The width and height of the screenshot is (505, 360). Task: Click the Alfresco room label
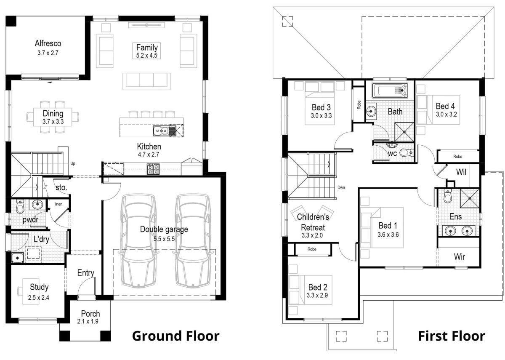(x=48, y=43)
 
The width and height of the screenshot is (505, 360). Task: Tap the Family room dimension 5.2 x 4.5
(x=147, y=55)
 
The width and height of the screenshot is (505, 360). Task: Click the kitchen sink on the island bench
(x=165, y=131)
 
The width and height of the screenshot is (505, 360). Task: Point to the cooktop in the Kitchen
(x=153, y=169)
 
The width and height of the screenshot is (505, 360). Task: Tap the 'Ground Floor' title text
(x=175, y=336)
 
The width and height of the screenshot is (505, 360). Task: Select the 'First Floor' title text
(x=451, y=336)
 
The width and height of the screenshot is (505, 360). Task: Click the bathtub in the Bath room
(x=390, y=91)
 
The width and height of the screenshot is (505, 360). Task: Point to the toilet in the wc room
(x=406, y=152)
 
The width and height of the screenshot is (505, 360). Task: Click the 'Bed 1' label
(x=388, y=225)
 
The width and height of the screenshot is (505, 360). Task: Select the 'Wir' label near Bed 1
(x=460, y=256)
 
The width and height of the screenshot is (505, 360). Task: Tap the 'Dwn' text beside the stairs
(x=341, y=188)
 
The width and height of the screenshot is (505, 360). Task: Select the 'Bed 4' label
(x=445, y=106)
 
